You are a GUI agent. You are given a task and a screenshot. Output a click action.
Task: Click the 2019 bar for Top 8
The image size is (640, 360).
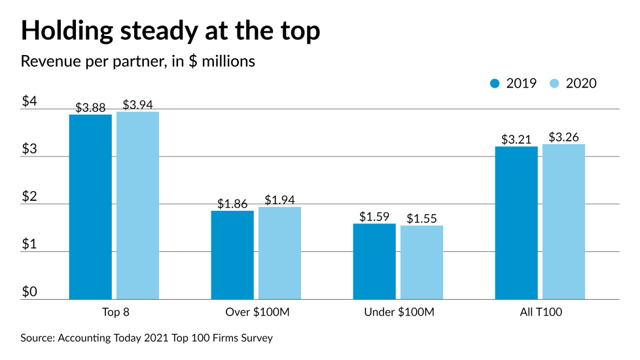[90, 207]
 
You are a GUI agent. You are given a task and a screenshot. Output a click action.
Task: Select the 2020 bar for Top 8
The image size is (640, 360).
[137, 206]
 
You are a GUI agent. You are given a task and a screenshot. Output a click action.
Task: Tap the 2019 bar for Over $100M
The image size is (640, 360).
[232, 255]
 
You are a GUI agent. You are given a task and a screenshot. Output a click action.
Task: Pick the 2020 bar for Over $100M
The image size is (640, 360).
[279, 253]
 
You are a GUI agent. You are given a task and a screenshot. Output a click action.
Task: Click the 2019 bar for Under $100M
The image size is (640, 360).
[374, 261]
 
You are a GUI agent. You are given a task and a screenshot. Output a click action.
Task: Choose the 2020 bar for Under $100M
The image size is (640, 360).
[421, 262]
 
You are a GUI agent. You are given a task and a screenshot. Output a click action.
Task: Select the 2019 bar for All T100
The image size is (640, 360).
[516, 223]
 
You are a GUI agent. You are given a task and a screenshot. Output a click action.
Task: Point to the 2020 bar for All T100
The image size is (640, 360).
[563, 221]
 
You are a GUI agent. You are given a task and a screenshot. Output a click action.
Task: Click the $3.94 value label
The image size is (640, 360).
[137, 105]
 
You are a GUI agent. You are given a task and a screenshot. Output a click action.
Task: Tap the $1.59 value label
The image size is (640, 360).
[374, 217]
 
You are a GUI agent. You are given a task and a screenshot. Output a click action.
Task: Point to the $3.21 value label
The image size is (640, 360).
[516, 139]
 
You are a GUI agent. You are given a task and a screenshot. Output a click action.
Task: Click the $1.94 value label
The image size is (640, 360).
[279, 200]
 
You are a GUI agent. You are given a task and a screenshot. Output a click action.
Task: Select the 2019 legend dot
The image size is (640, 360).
[495, 83]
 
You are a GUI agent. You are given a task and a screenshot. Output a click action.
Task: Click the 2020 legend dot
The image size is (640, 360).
[555, 83]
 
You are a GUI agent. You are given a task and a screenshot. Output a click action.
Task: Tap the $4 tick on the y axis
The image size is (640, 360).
[30, 101]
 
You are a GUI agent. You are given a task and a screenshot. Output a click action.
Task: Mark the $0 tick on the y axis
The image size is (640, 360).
[30, 291]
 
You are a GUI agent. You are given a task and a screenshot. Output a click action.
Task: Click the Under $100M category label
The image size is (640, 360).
[399, 312]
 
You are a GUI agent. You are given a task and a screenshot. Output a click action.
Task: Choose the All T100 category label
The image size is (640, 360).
[540, 312]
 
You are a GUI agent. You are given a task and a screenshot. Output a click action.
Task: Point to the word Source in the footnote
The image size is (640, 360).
[37, 338]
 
